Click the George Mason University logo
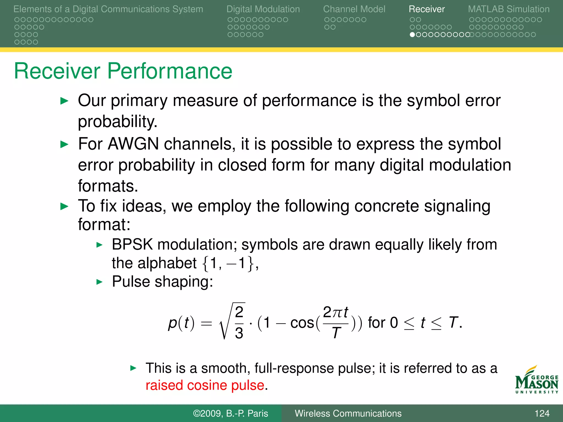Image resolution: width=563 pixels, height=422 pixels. (x=536, y=380)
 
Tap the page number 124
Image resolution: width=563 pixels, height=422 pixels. (x=542, y=413)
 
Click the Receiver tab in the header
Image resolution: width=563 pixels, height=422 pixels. (x=426, y=9)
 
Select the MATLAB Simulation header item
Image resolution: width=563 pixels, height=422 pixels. (x=509, y=9)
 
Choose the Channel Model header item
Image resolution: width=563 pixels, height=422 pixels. (x=354, y=9)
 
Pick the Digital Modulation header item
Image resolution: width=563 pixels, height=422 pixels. (x=263, y=9)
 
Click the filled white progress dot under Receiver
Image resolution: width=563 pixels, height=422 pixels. (x=412, y=35)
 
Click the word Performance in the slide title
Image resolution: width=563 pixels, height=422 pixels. (x=170, y=71)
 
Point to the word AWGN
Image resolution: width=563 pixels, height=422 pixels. (x=133, y=144)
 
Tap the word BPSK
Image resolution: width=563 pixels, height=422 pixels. (x=132, y=244)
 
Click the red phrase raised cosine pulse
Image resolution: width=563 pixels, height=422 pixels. (x=205, y=385)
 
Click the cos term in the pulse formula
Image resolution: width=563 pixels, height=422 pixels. (x=302, y=323)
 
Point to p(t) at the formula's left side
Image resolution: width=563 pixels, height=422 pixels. (x=181, y=323)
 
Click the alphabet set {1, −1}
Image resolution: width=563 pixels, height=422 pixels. (x=228, y=263)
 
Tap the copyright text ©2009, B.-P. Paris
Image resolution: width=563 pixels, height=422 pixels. (x=230, y=413)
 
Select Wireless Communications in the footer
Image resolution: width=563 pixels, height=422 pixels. (x=348, y=413)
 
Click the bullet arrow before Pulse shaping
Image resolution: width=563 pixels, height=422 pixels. (x=100, y=282)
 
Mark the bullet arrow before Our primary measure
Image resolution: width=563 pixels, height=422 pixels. (x=64, y=101)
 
